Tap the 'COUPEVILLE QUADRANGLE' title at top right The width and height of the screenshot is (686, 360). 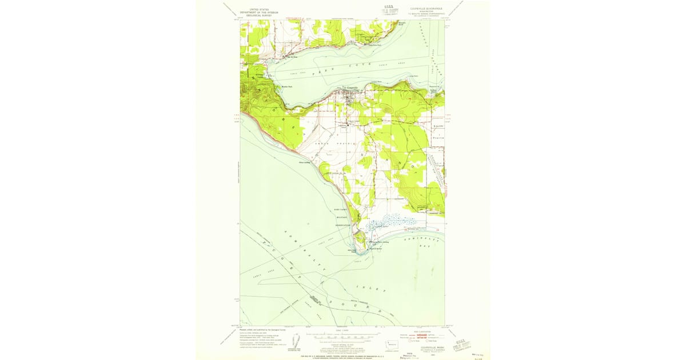pyautogui.click(x=425, y=9)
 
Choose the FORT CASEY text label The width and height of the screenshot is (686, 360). pyautogui.click(x=342, y=210)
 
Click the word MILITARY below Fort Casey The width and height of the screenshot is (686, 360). pyautogui.click(x=342, y=217)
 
